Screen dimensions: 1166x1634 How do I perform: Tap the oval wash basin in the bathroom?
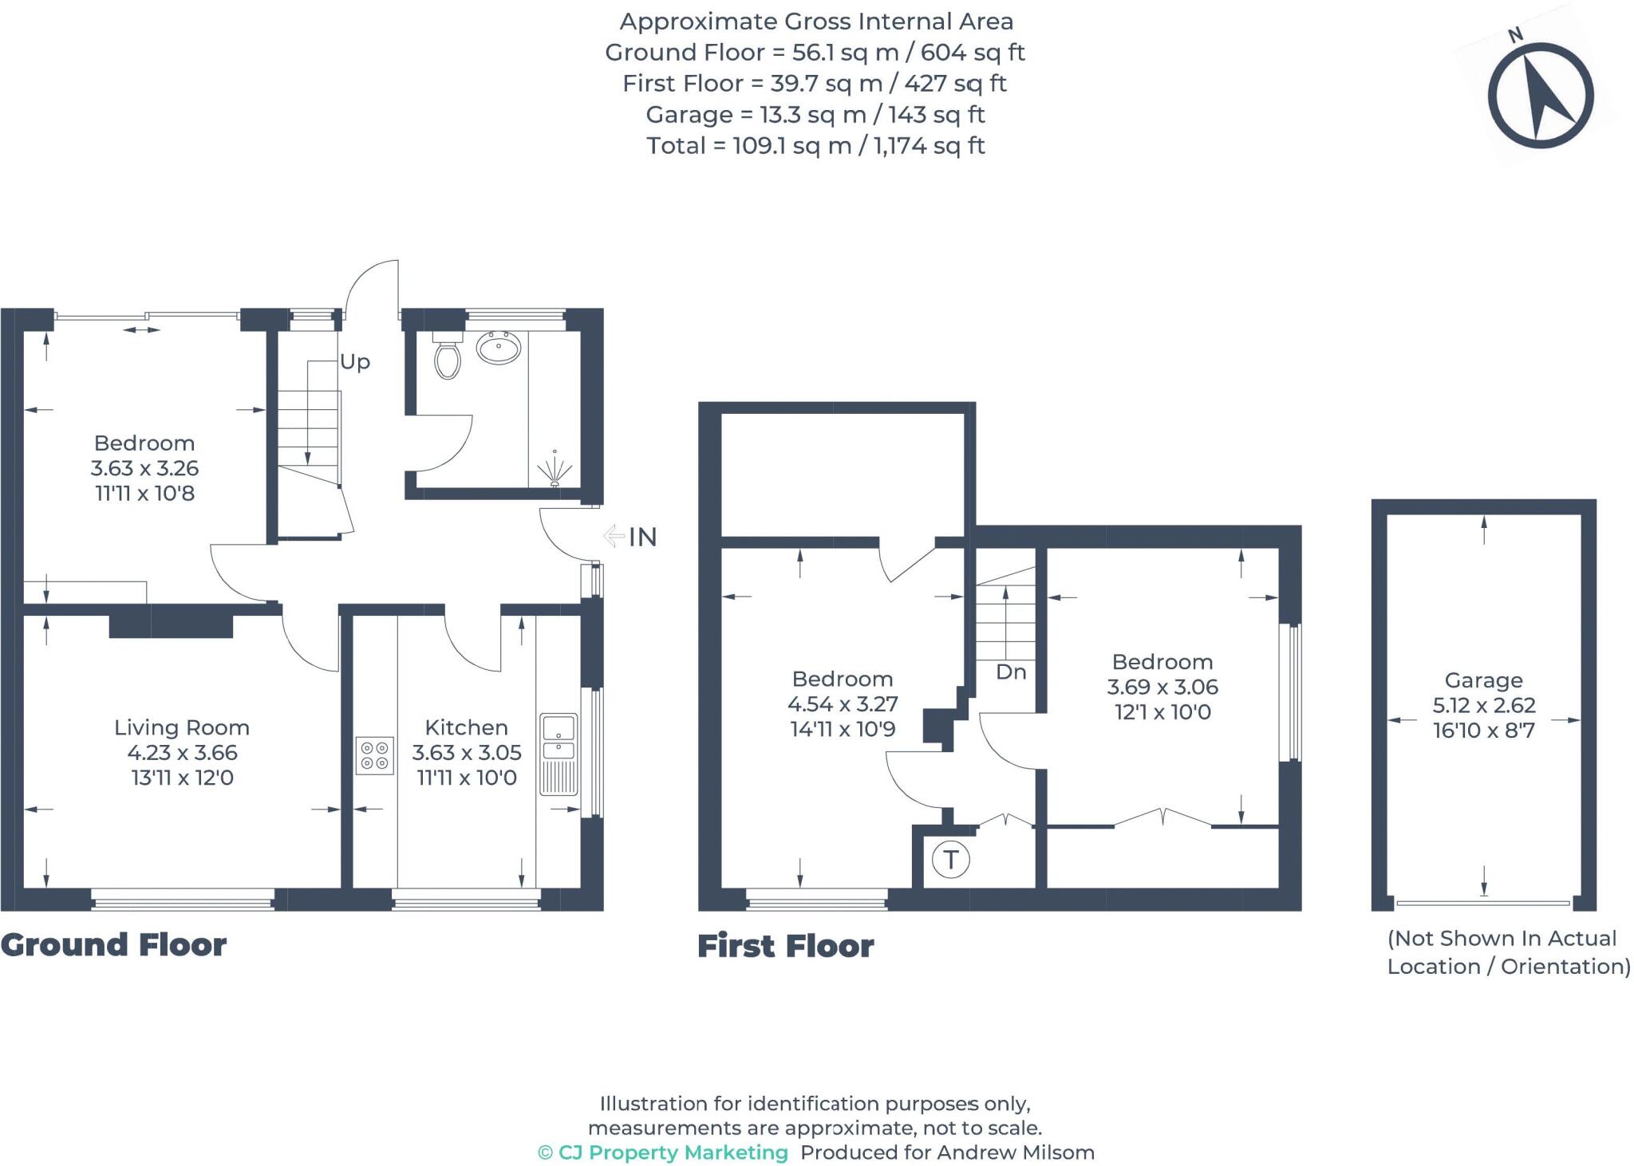point(499,348)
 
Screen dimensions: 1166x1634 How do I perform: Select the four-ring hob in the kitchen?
point(374,755)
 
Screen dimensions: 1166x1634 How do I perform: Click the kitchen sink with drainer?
point(558,754)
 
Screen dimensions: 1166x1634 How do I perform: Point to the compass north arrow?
point(1541,97)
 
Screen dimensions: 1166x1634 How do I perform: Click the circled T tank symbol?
point(950,860)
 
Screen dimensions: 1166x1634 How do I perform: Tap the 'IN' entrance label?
point(642,538)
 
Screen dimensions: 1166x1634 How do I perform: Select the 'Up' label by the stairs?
point(355,362)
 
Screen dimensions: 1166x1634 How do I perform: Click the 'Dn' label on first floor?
point(1011,672)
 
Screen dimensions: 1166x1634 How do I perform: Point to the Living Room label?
point(182,727)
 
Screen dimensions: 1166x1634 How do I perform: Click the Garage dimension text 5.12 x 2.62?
point(1483,705)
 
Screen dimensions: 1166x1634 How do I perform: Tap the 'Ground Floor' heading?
point(113,945)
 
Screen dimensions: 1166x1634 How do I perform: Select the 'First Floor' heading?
point(785,947)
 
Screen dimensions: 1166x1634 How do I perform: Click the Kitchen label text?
point(466,727)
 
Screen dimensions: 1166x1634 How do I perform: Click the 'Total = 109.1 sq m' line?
point(815,146)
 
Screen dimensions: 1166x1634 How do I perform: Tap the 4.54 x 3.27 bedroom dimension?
point(843,704)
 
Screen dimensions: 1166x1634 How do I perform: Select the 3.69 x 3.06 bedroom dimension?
point(1162,687)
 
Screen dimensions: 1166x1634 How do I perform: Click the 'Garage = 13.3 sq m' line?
point(815,115)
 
